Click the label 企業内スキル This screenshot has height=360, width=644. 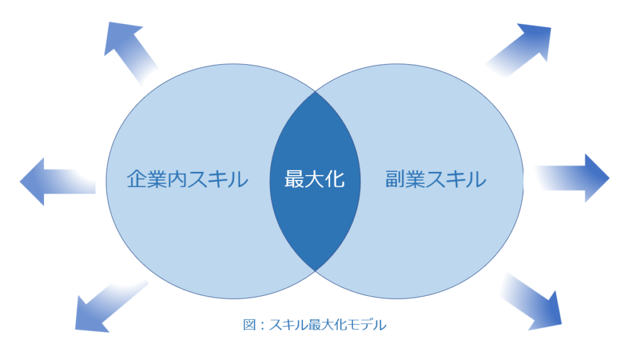(x=187, y=179)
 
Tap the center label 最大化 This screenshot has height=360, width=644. (x=314, y=179)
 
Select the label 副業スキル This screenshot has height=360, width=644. (x=436, y=179)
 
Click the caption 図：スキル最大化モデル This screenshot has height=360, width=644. (x=314, y=325)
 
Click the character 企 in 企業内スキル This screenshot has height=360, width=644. (x=136, y=179)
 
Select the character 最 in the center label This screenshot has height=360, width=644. (x=294, y=179)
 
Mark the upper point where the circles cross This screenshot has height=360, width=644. (x=315, y=92)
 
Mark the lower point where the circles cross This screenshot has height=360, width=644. (x=315, y=271)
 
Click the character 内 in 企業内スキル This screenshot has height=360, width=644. (x=177, y=179)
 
